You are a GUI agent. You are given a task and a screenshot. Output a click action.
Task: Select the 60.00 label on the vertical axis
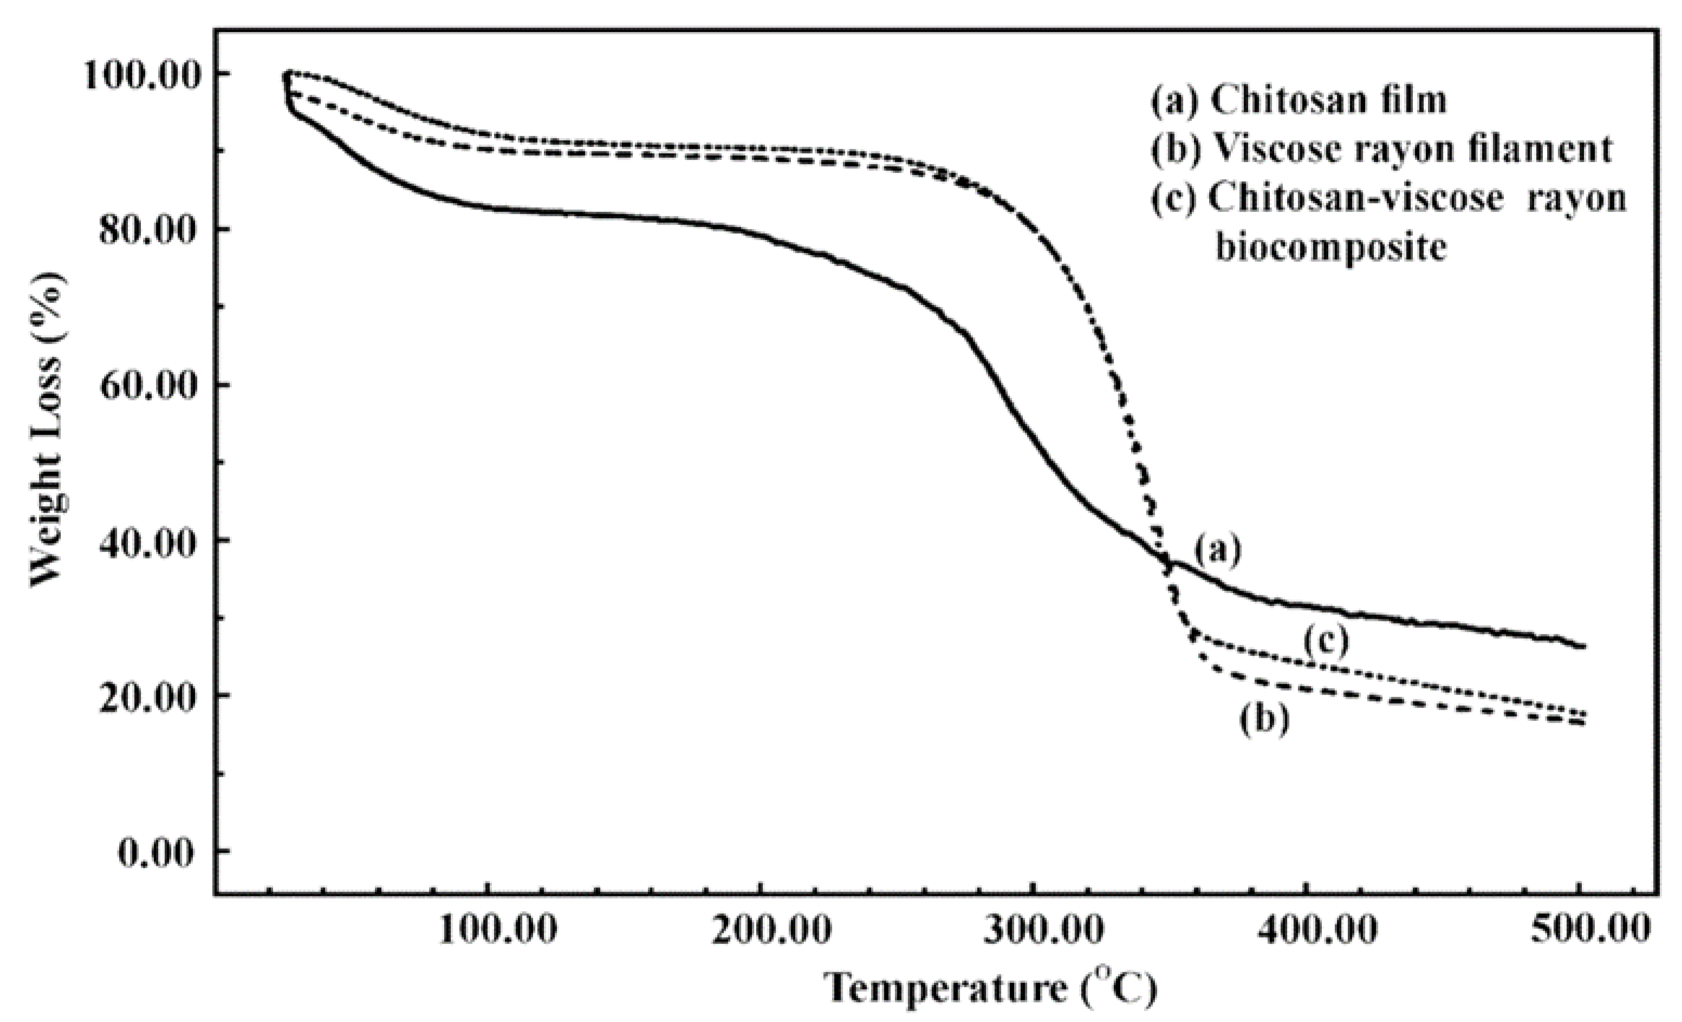point(146,385)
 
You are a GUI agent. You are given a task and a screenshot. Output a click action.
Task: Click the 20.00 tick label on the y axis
point(146,697)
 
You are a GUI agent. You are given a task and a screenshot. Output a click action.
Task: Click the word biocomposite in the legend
point(1330,247)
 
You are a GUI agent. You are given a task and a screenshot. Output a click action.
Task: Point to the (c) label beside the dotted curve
point(1326,641)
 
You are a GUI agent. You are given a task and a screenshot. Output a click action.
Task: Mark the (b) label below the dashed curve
point(1265,720)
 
